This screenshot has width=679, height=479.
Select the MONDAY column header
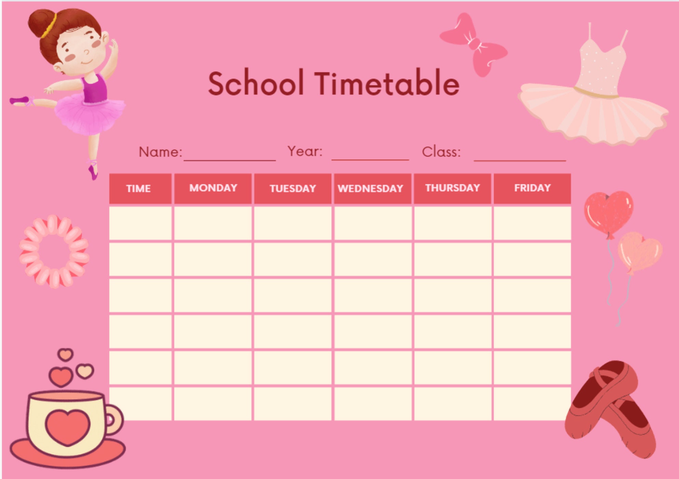213,188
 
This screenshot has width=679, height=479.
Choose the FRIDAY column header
532,188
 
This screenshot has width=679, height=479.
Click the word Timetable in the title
387,84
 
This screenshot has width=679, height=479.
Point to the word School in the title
256,84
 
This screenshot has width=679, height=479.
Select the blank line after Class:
519,157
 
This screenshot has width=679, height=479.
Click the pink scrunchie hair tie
54,251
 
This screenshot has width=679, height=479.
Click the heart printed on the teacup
67,426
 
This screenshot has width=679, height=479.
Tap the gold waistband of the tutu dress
597,94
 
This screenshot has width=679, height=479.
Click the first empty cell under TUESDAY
293,223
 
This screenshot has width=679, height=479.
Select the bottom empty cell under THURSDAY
452,403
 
